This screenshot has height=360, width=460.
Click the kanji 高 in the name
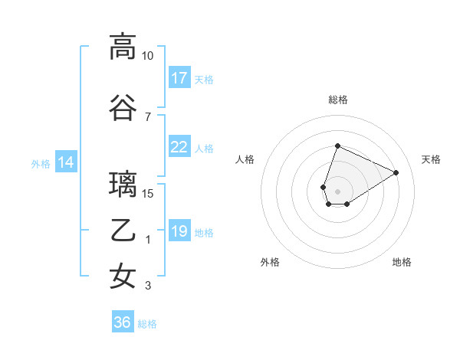pos(123,47)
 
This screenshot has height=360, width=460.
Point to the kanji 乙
pos(123,231)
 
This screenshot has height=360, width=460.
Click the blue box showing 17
pos(179,78)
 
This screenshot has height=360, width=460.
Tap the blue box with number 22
pos(179,148)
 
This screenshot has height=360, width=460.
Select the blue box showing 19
pos(179,231)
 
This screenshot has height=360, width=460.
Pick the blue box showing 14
pos(65,162)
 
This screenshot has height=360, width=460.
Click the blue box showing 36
pos(122,322)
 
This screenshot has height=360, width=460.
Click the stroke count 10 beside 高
pos(147,56)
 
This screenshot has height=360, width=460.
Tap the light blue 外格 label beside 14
pos(40,163)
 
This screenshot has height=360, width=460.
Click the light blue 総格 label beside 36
pos(147,324)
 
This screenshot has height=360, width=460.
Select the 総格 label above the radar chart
pos(337,100)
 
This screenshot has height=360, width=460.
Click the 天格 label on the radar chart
pos(431,159)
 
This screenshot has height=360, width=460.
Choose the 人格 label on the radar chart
pos(245,159)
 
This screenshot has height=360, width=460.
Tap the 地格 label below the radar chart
pos(402,262)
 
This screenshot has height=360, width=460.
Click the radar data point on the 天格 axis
pos(396,172)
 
